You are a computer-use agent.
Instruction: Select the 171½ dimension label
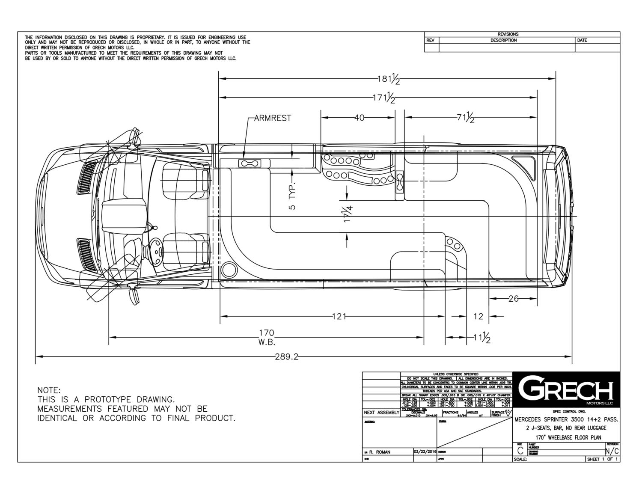[x=384, y=98]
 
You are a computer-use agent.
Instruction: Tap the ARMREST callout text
[x=273, y=118]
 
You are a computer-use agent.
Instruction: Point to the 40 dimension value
[x=359, y=118]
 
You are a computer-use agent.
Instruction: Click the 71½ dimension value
[x=466, y=118]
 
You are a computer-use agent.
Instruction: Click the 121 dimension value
[x=339, y=317]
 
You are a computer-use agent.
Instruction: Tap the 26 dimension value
[x=513, y=299]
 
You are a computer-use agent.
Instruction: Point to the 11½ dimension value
[x=482, y=338]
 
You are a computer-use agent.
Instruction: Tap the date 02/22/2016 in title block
[x=425, y=451]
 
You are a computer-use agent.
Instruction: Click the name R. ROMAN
[x=380, y=452]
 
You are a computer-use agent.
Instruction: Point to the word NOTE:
[x=49, y=390]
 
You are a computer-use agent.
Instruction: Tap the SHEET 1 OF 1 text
[x=603, y=459]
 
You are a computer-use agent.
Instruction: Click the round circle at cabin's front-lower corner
[x=229, y=269]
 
